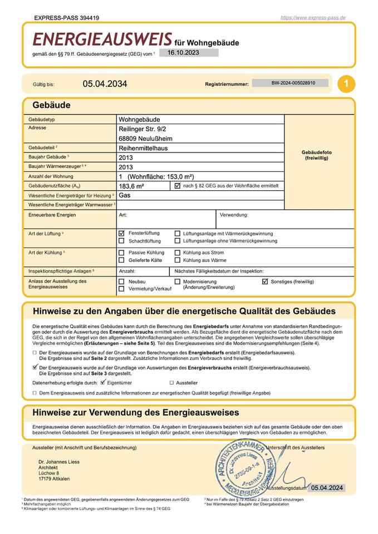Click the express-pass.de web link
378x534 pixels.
pos(313,18)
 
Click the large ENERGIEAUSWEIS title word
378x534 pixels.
pos(102,39)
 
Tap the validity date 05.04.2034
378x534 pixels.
pos(105,84)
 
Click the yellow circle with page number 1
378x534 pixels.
pos(346,84)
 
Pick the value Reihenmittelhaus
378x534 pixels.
pos(143,148)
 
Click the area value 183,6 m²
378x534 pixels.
pos(131,186)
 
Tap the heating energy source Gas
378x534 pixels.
pos(124,195)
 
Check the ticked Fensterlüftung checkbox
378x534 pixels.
pos(122,233)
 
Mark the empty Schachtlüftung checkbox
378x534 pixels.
pos(122,241)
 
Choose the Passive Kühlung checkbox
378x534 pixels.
pos(122,253)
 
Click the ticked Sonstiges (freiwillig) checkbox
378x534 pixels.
pos(265,281)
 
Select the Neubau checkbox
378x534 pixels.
pos(122,281)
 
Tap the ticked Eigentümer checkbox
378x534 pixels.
pos(103,383)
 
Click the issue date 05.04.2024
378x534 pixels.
pos(327,488)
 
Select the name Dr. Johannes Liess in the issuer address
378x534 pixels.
pos(58,462)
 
